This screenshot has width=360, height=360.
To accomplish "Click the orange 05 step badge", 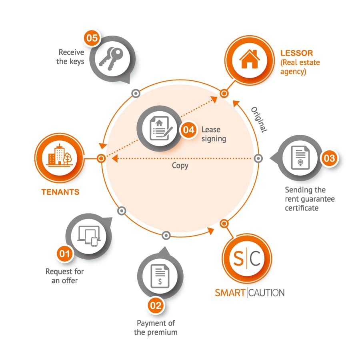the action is tap(92, 38).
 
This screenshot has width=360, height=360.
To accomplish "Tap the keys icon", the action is tap(111, 58).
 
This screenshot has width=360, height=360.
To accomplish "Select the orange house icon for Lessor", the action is tap(250, 59).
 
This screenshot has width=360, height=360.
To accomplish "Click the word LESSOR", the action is tap(297, 53).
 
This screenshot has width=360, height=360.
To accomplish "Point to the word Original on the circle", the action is tap(259, 120).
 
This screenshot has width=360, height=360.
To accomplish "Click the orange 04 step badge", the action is tap(189, 130).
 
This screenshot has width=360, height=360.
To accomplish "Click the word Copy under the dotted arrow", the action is tap(180, 166).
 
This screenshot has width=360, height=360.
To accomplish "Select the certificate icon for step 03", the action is tap(300, 158).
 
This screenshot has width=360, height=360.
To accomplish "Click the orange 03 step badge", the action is tap(329, 158).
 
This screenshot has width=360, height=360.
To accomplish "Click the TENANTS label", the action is tap(60, 192).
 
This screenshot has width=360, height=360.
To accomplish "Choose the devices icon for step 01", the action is tap(89, 236).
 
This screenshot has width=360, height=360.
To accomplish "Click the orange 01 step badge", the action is tap(64, 254).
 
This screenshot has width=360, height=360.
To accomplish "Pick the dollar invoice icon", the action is tap(160, 276).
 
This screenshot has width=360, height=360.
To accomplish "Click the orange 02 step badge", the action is tap(156, 306).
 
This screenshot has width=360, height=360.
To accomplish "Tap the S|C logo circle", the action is tap(247, 258).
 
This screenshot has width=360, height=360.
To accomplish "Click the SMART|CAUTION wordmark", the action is tap(250, 293).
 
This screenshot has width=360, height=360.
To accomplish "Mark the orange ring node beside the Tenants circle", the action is tap(101, 158).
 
